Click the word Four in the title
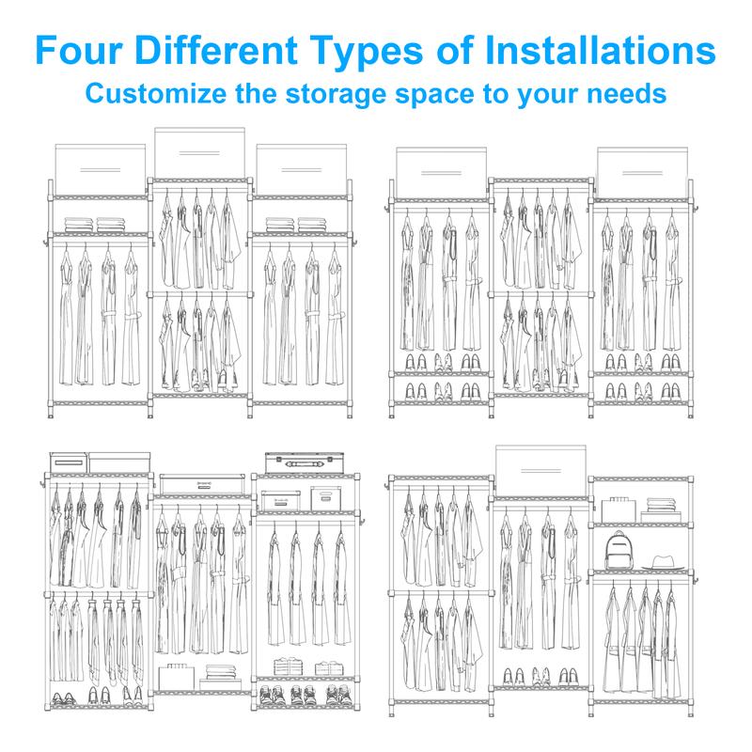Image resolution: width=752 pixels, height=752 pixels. (x=79, y=50)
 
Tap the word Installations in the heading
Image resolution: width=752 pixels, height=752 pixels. (x=601, y=50)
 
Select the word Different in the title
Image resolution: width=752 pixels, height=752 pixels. (x=216, y=50)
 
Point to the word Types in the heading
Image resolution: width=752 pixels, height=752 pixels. (x=366, y=52)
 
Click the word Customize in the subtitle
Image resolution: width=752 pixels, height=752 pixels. (x=156, y=93)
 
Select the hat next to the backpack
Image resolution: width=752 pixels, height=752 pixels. (x=664, y=562)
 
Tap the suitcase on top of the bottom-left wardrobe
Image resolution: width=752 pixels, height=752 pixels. (x=305, y=462)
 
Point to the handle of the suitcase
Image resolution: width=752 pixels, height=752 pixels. (x=305, y=464)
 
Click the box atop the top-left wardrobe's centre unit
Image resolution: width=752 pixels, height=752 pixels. (x=199, y=153)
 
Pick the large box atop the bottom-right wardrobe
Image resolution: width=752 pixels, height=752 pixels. (x=540, y=471)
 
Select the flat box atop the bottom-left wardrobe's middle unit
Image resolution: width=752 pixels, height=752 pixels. (x=202, y=484)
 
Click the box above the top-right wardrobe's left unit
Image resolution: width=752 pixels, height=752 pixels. (x=441, y=173)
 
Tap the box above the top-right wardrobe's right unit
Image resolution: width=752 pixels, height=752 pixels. (x=642, y=173)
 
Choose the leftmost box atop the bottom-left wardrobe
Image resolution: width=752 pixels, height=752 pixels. (x=69, y=462)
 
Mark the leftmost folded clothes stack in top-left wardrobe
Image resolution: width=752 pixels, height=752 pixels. (x=79, y=225)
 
